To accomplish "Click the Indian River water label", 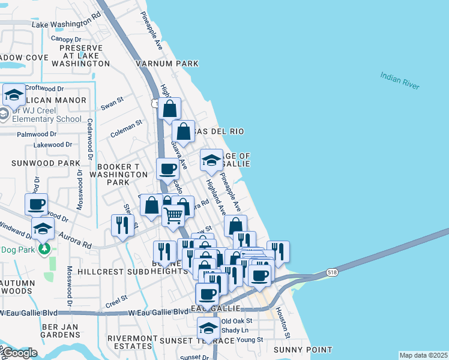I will (399, 80).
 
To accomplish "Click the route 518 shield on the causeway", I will (332, 272).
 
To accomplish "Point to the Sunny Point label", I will (303, 349).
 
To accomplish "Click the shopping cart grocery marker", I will (173, 214).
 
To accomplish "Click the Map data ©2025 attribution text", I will (423, 355).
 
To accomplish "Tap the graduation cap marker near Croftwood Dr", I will (14, 94).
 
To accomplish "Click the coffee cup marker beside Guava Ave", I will (167, 169).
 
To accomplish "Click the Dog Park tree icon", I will (43, 248).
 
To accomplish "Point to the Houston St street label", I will (283, 323).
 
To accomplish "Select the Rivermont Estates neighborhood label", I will (136, 343).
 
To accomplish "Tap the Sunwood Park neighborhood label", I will (46, 163).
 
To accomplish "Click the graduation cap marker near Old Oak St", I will (208, 328).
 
